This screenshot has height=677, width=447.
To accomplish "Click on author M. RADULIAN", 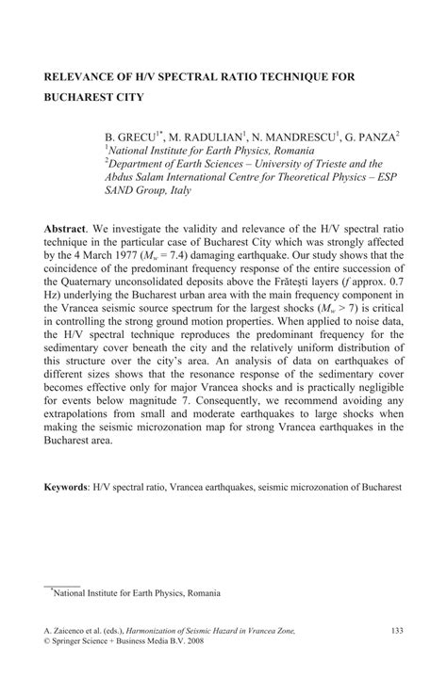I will pos(208,136).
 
